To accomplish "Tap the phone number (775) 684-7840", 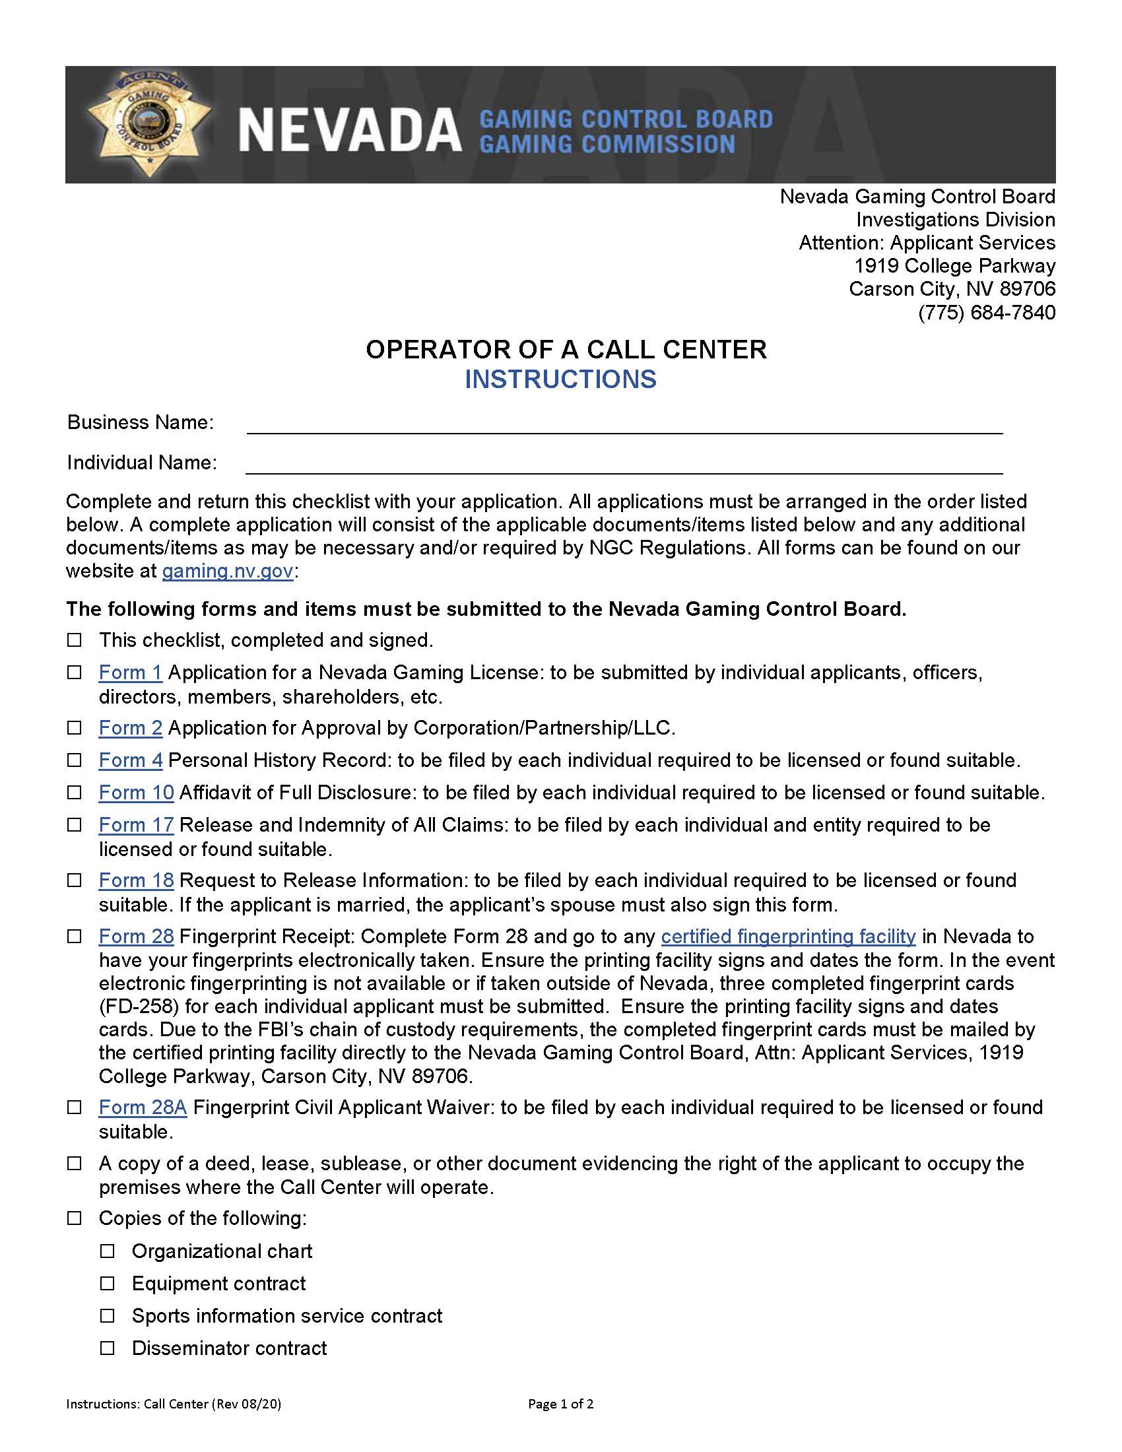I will pos(987,312).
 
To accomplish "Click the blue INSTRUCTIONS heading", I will pos(560,379).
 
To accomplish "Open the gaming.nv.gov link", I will pos(227,571).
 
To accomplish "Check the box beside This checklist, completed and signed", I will pos(75,640).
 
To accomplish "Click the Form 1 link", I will pos(130,672).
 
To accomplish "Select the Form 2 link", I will pos(130,728).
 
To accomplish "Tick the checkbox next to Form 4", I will pos(75,760).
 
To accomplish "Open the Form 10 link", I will pos(135,793).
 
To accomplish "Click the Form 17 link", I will pos(135,824).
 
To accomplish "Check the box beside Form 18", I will pos(75,880).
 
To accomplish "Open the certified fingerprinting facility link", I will pos(787,936).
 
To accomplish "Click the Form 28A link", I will pos(143,1107).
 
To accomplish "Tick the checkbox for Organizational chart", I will pos(107,1251).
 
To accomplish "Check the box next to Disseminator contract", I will pos(107,1348).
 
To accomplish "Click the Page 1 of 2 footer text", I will pos(560,1404).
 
